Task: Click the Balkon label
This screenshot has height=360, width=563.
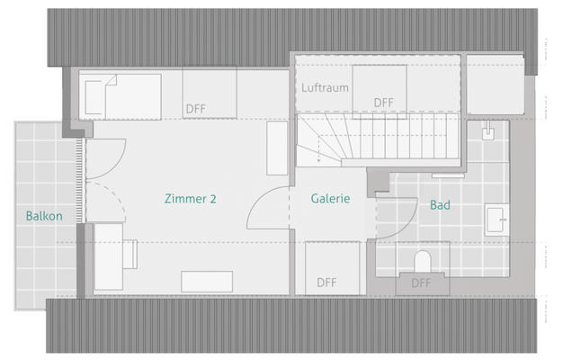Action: pyautogui.click(x=44, y=216)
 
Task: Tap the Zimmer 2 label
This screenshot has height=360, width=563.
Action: pyautogui.click(x=190, y=199)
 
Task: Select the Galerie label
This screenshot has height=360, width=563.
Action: pyautogui.click(x=330, y=199)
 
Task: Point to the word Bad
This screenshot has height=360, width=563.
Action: pyautogui.click(x=440, y=205)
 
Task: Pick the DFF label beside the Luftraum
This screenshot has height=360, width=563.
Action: pyautogui.click(x=384, y=103)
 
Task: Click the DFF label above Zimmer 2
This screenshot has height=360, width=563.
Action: pyautogui.click(x=196, y=108)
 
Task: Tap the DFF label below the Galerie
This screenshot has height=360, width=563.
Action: pyautogui.click(x=326, y=282)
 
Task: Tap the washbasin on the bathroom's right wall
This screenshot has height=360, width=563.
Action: pyautogui.click(x=496, y=218)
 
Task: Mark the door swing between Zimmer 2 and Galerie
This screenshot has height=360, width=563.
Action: pyautogui.click(x=268, y=211)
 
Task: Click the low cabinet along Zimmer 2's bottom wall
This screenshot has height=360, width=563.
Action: pyautogui.click(x=206, y=281)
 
